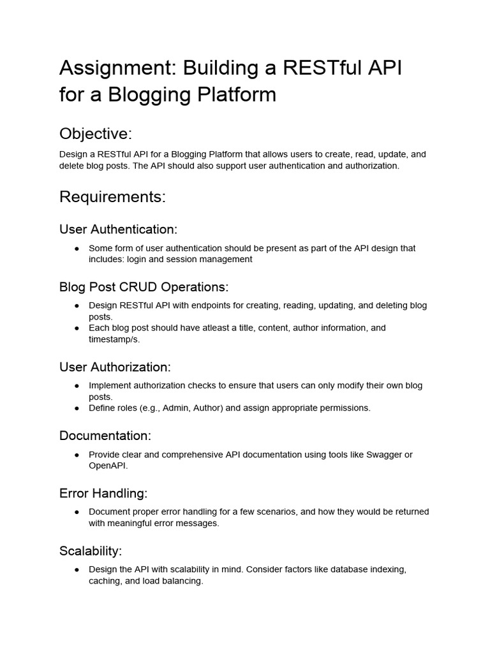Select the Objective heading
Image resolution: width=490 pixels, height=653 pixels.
(96, 134)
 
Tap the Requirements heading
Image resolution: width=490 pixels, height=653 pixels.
(112, 197)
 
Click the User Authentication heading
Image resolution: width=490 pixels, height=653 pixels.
(118, 229)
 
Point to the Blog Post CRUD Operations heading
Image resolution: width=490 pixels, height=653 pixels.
(144, 286)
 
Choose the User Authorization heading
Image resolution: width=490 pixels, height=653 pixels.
(115, 367)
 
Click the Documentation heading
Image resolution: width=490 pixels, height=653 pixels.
(105, 436)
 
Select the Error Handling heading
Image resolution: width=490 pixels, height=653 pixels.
(103, 493)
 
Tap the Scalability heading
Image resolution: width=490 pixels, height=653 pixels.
(91, 550)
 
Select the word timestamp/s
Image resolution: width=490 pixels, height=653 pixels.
(114, 339)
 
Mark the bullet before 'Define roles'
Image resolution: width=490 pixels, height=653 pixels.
(77, 407)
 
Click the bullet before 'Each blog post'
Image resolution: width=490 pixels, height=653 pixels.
(77, 328)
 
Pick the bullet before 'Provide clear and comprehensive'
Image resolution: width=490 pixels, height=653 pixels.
(77, 455)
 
